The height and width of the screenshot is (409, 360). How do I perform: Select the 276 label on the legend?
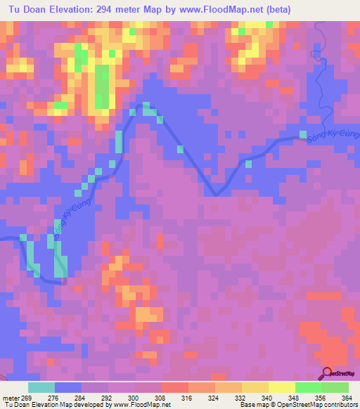tap(56, 397)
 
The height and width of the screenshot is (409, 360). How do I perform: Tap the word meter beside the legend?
tap(11, 397)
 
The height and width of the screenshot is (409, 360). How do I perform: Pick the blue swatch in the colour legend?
tap(69, 387)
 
